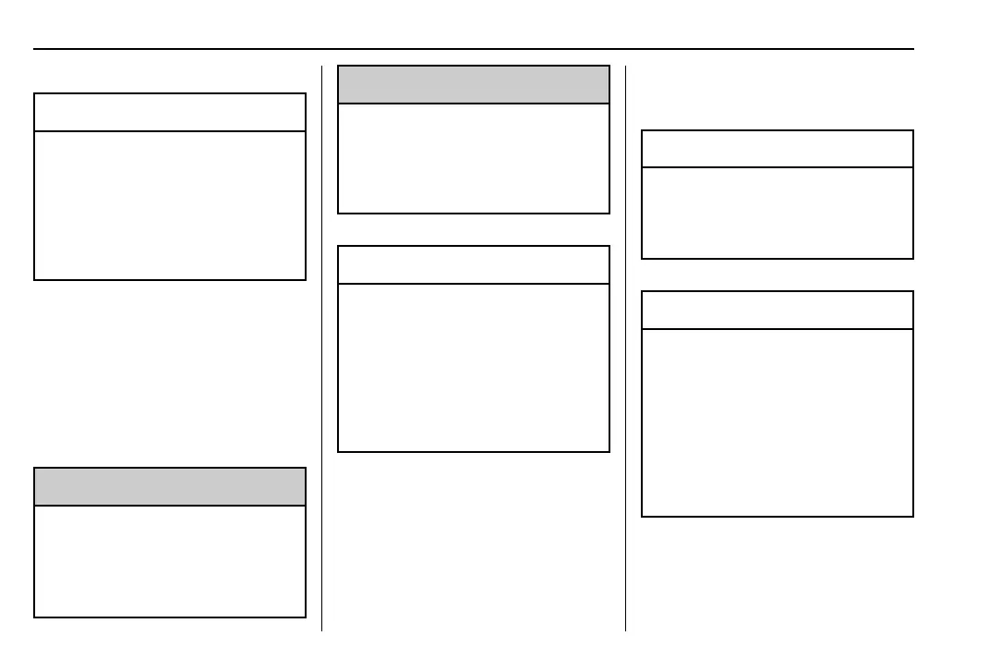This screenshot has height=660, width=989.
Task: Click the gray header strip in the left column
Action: coord(170,486)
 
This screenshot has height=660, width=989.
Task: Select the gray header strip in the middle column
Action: coord(474,84)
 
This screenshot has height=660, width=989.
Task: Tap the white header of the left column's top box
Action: coord(170,112)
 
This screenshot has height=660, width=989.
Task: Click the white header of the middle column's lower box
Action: coord(474,264)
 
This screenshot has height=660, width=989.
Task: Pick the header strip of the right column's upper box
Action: coord(777,149)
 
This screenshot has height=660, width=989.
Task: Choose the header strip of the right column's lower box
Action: coord(777,310)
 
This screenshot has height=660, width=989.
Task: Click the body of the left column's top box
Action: coord(170,205)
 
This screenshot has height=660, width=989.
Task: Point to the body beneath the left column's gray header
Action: coord(170,561)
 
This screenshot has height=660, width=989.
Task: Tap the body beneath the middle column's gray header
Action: coord(474,158)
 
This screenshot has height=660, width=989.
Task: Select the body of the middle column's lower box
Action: coord(474,367)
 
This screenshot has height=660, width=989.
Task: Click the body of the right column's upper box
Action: coord(777,213)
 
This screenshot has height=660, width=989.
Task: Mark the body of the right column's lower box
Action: coord(777,422)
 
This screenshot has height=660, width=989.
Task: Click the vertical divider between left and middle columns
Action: coord(321,370)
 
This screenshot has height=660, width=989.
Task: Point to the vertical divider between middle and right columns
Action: coord(625,370)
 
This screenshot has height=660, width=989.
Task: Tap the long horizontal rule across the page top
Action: coord(474,49)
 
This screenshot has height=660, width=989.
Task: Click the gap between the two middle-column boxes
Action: coord(474,229)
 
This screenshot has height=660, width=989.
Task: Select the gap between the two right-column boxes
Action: coord(777,275)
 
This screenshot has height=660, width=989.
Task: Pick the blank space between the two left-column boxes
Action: coord(170,373)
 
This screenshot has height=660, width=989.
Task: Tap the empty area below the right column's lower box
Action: coord(777,573)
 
